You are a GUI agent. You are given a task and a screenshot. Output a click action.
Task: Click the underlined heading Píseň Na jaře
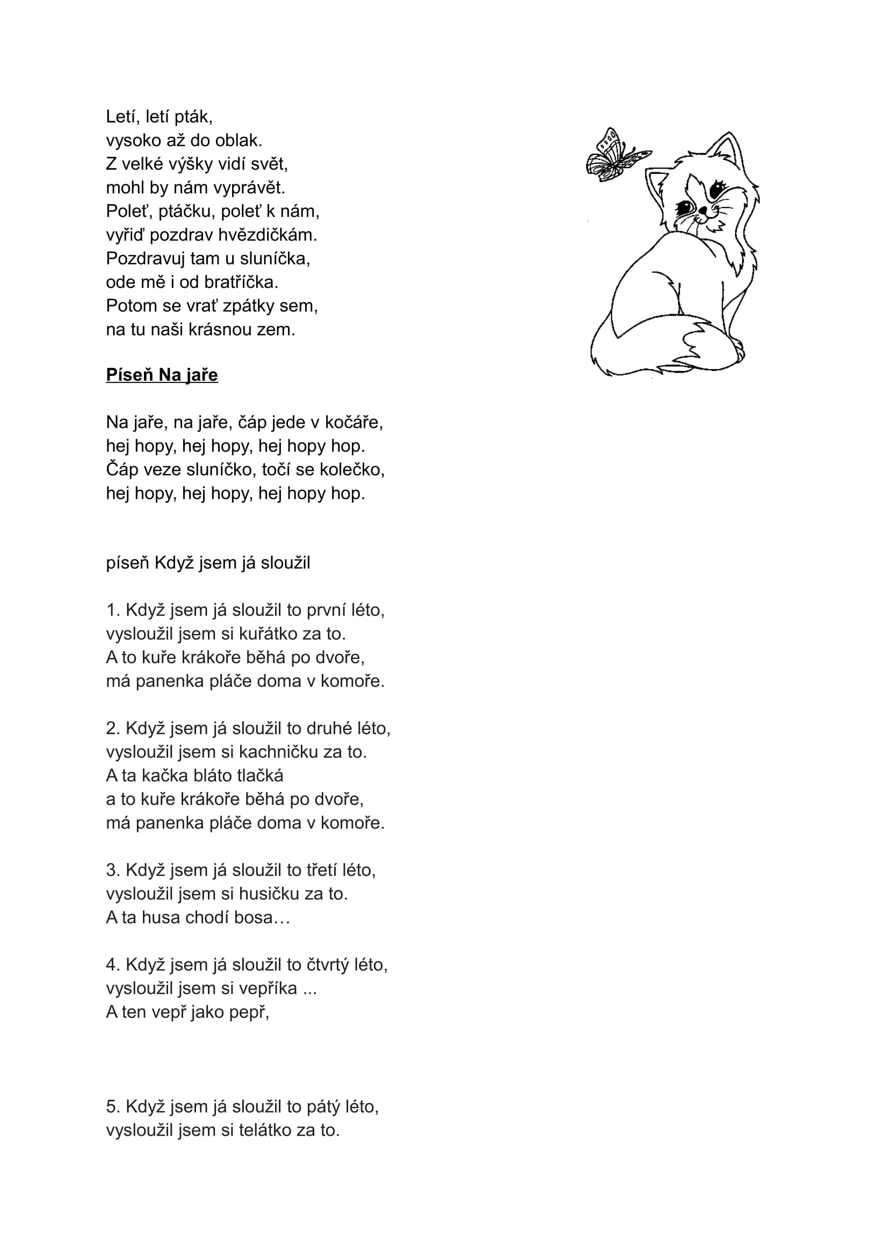[162, 375]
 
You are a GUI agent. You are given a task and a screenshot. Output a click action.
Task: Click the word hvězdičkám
[268, 235]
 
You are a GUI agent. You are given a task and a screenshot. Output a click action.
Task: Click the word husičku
[270, 894]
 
